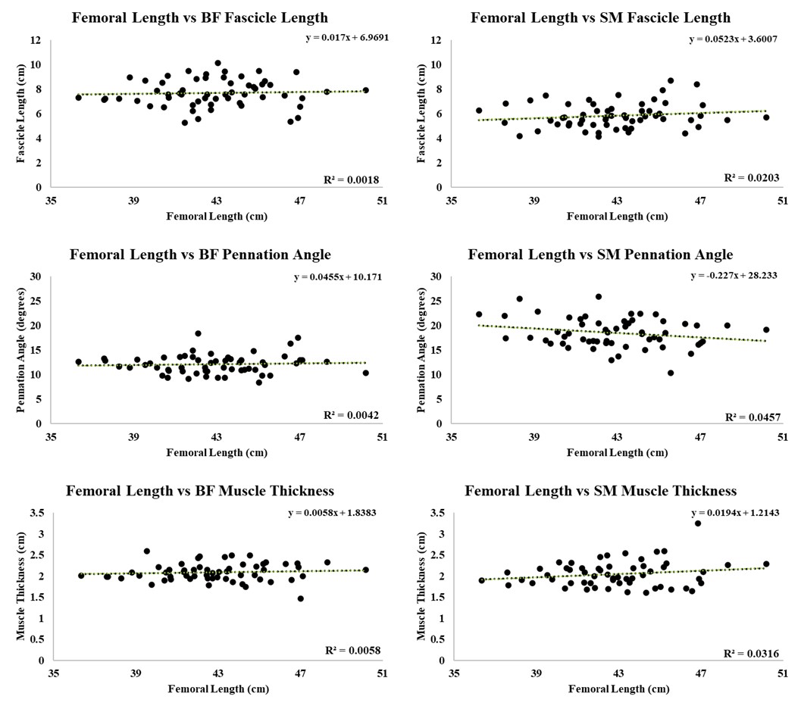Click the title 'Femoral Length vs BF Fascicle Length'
click(x=200, y=17)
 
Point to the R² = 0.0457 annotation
click(x=751, y=417)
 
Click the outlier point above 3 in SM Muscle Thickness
click(x=698, y=523)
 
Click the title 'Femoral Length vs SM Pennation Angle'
click(x=600, y=255)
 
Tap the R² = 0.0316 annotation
click(x=751, y=653)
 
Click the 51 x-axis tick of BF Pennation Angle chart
click(x=382, y=438)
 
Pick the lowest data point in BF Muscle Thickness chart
click(x=301, y=598)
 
